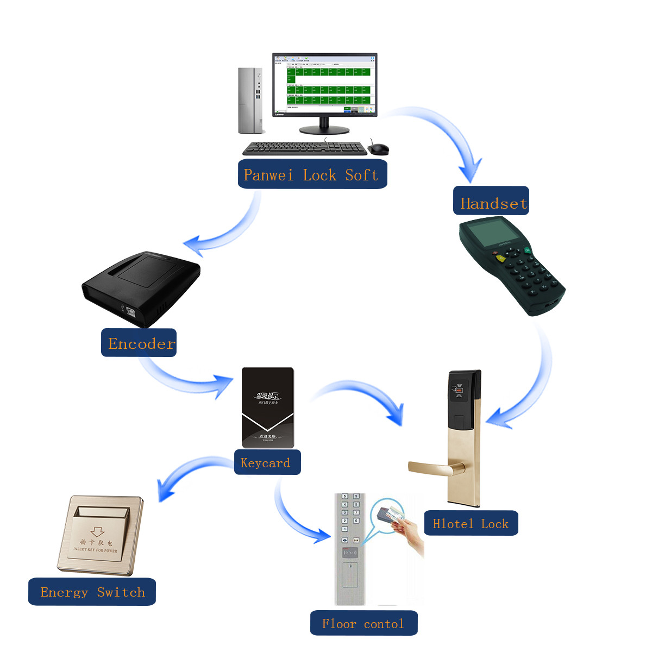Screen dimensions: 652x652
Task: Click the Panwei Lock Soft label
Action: tap(312, 174)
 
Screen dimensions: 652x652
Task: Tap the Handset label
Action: tap(491, 202)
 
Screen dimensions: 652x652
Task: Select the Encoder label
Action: tap(139, 343)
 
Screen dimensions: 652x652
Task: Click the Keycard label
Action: tap(267, 462)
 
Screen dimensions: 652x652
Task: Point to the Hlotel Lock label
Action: tap(471, 523)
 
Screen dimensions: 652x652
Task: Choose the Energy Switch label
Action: tap(92, 592)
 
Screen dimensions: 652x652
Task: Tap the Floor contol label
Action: tap(363, 623)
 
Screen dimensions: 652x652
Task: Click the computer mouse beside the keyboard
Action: tap(379, 148)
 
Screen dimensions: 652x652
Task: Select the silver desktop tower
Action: tap(250, 101)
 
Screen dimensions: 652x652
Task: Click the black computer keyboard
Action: tap(304, 148)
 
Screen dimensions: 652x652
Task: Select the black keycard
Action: tap(267, 407)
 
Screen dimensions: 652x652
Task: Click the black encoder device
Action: tap(141, 285)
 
